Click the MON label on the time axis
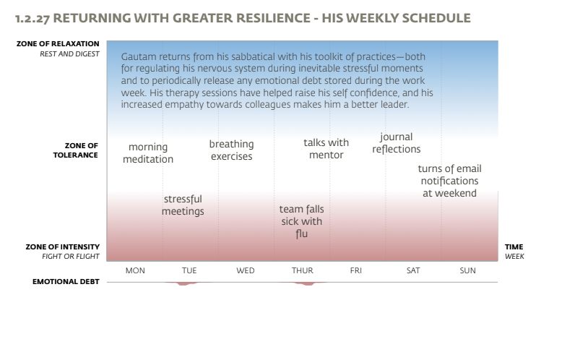click(135, 270)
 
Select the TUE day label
click(189, 270)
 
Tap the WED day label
click(246, 270)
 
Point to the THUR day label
click(302, 270)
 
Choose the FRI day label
click(356, 270)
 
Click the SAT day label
click(413, 270)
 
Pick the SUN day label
click(468, 270)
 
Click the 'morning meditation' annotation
click(148, 153)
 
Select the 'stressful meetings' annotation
click(183, 205)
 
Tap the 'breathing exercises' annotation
click(231, 150)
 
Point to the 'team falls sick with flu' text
click(301, 221)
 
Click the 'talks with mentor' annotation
click(326, 149)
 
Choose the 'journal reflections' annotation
click(396, 143)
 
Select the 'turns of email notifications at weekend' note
click(449, 181)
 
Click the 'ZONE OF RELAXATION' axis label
click(58, 44)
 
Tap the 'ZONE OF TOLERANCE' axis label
click(76, 150)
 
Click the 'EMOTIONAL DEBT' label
click(66, 281)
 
